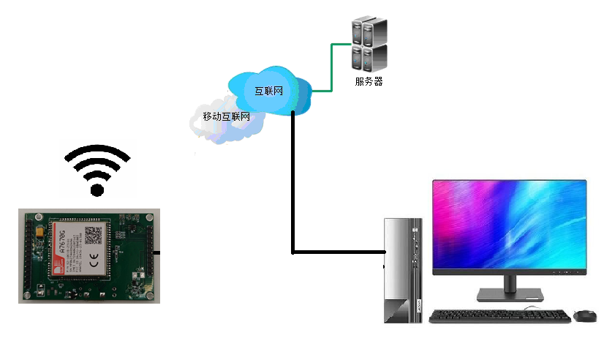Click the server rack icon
pos(369,44)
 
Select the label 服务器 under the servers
pos(369,81)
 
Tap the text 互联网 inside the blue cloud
pos(268,91)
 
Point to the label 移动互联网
pos(226,116)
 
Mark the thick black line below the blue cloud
pos(292,183)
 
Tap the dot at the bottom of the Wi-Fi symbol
pos(97,190)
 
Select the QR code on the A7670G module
pos(93,236)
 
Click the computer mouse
pos(584,315)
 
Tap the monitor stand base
pos(510,295)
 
